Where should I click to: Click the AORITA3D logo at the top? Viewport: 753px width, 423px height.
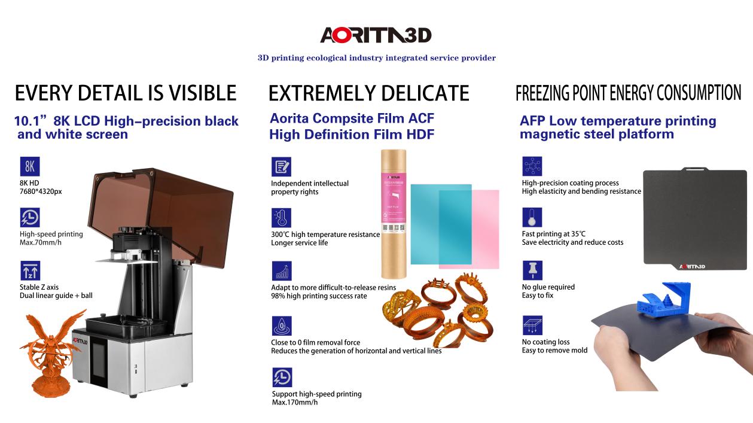376,35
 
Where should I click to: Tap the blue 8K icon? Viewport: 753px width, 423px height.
30,166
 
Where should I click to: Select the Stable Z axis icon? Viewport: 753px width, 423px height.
30,270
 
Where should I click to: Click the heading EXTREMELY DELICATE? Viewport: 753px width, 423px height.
369,93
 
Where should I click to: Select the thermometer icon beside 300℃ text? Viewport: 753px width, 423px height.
281,218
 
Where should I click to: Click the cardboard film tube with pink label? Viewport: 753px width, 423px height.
394,214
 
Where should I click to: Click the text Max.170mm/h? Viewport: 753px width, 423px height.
295,402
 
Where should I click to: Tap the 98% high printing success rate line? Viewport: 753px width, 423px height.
319,296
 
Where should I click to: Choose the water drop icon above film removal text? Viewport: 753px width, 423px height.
282,326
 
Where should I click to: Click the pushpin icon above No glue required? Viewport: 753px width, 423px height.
532,270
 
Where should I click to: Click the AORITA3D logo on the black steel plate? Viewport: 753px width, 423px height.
692,267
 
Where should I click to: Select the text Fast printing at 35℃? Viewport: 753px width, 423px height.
554,234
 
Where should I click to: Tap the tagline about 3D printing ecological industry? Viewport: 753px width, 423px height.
377,58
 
